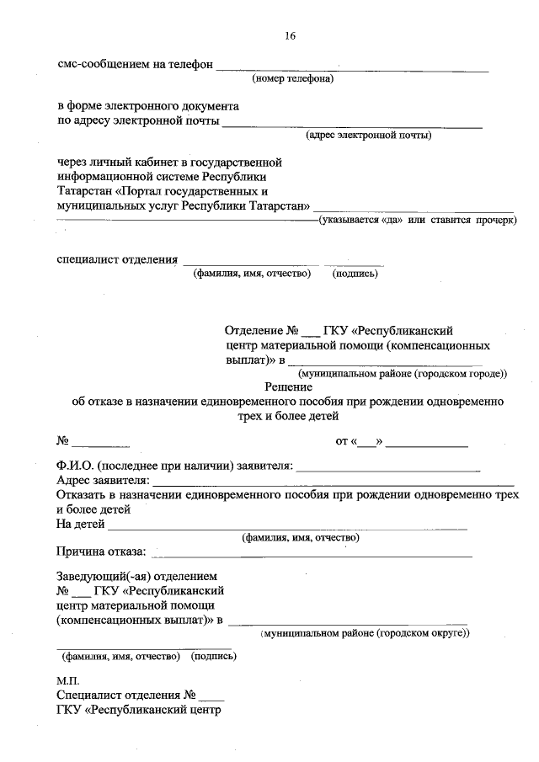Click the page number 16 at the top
(290, 35)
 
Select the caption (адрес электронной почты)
(369, 135)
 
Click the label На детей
(80, 525)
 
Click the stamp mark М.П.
(67, 679)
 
